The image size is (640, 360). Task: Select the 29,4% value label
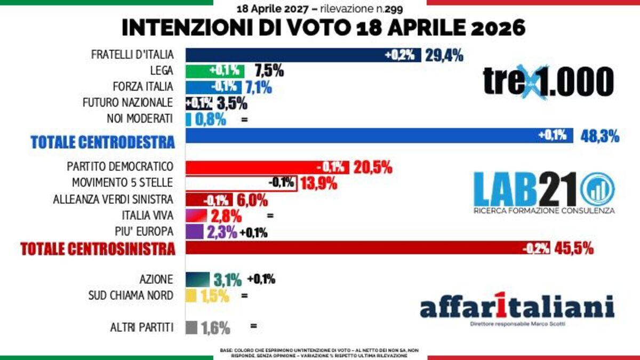click(444, 55)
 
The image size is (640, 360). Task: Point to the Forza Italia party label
click(143, 86)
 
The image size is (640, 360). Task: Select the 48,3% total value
click(599, 136)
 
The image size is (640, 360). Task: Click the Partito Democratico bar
click(267, 167)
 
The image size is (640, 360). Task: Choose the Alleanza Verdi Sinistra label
click(113, 199)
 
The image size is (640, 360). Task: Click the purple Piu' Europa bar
click(194, 232)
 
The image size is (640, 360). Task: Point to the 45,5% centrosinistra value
click(574, 248)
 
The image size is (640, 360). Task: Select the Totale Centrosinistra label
click(98, 249)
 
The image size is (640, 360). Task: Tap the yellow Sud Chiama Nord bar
click(192, 295)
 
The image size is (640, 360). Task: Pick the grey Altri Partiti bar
click(191, 326)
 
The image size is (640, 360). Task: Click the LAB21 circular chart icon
click(597, 189)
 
